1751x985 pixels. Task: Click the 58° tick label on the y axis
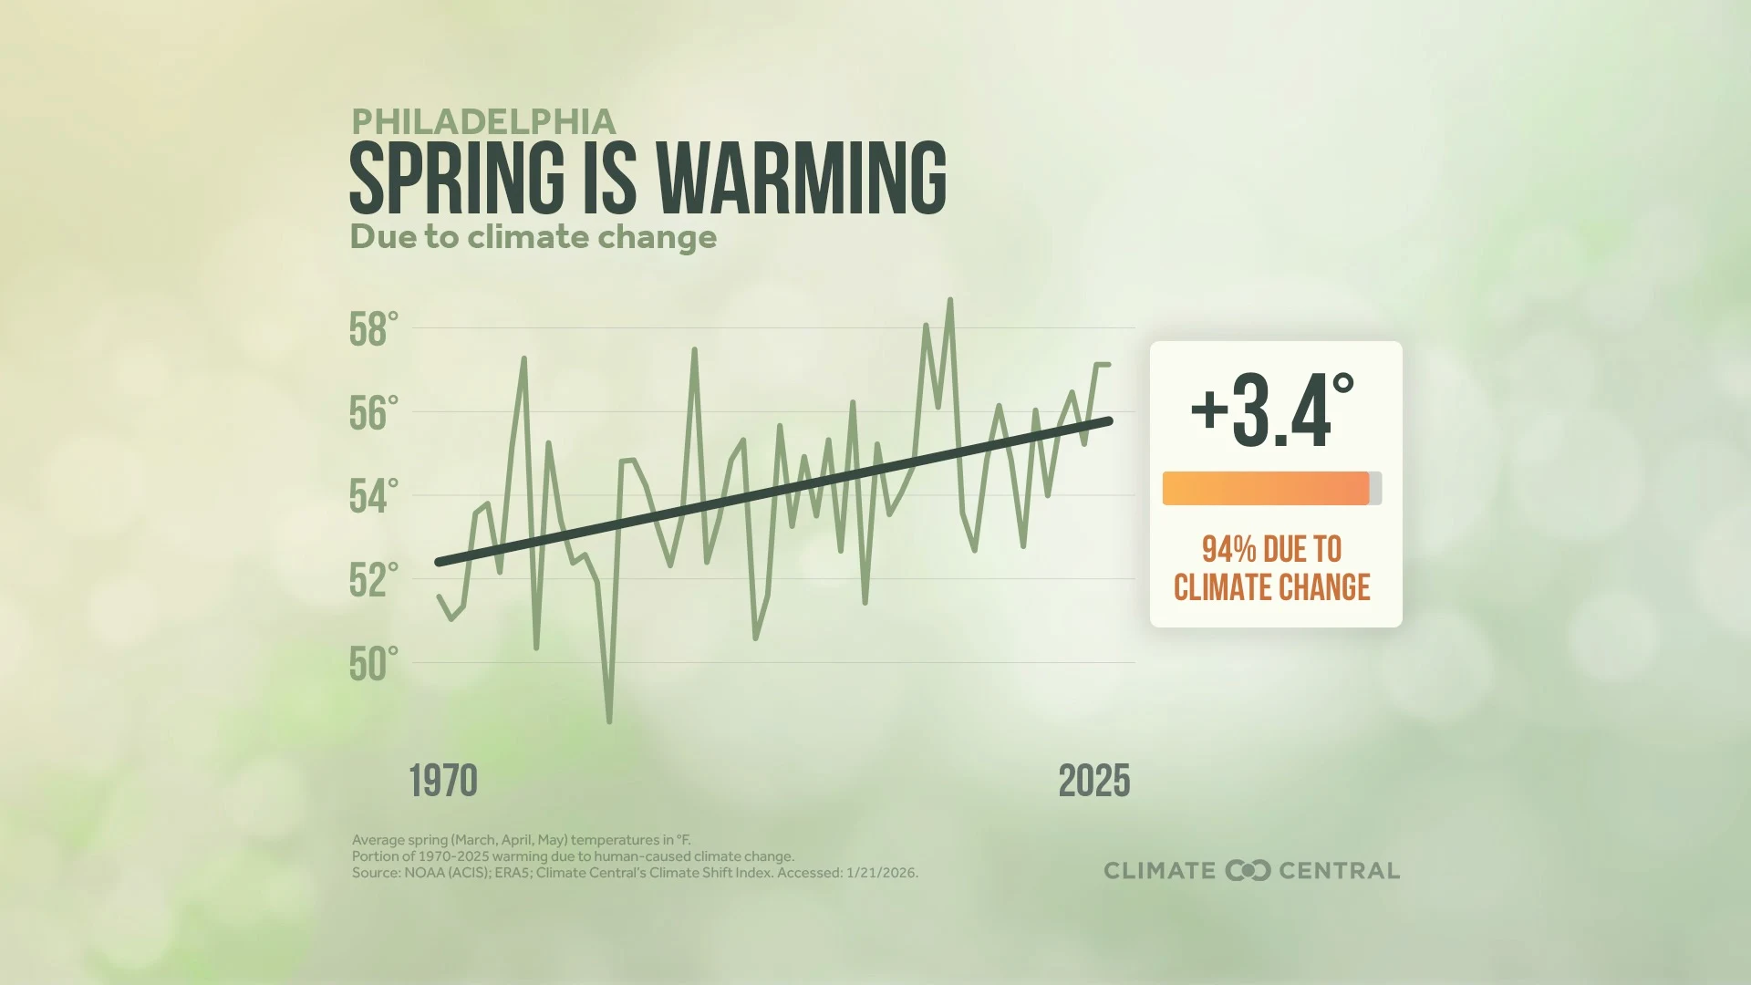click(374, 330)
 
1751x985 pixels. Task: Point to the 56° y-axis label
click(374, 414)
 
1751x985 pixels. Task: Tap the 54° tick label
click(374, 498)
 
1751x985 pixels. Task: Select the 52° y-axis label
click(374, 581)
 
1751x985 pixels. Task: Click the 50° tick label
click(374, 665)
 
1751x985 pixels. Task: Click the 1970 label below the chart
click(443, 782)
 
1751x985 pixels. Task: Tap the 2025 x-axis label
click(1093, 782)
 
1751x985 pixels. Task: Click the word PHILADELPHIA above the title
click(483, 122)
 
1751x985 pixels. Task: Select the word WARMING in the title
click(801, 179)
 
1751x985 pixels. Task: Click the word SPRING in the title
click(457, 179)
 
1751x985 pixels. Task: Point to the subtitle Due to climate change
click(534, 237)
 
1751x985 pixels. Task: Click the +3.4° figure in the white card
click(1272, 412)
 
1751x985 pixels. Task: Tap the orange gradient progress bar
click(1265, 488)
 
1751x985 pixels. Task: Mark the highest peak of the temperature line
click(950, 300)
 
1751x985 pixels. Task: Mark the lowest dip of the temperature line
click(609, 721)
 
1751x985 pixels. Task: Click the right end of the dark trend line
click(1109, 420)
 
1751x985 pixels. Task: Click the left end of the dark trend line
click(439, 563)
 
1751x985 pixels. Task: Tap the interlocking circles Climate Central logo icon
click(1248, 871)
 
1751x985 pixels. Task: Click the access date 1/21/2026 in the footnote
click(881, 873)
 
